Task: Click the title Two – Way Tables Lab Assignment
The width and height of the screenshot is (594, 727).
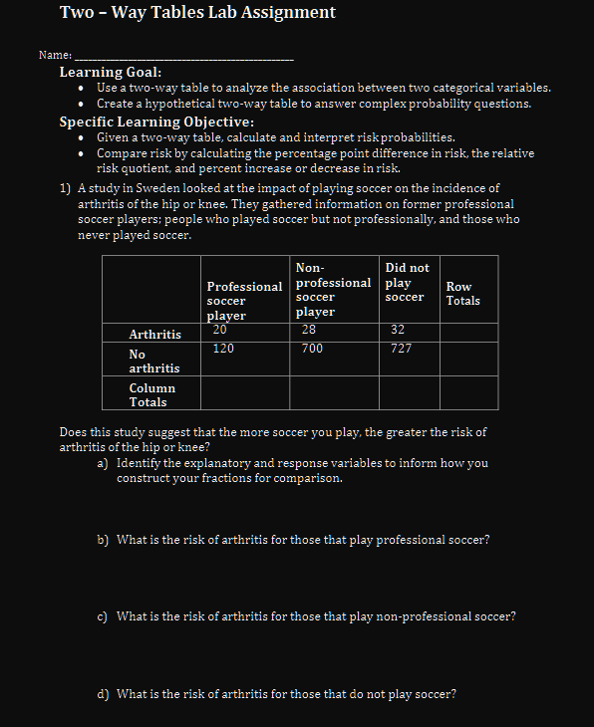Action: (x=197, y=13)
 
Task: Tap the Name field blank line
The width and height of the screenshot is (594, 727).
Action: (x=184, y=55)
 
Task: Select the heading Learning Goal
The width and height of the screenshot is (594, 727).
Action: (x=111, y=72)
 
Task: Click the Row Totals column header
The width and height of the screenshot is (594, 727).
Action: (x=463, y=294)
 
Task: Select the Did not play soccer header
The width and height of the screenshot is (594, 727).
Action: (x=407, y=282)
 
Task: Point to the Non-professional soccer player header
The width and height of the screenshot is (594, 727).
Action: (x=333, y=290)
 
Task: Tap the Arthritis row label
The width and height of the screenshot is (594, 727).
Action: (x=154, y=335)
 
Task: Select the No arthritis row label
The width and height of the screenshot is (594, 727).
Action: (x=153, y=362)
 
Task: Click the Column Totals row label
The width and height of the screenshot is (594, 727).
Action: (x=151, y=395)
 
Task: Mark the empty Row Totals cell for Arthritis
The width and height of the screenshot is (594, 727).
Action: (x=468, y=332)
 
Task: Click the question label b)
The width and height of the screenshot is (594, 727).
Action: (x=103, y=540)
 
